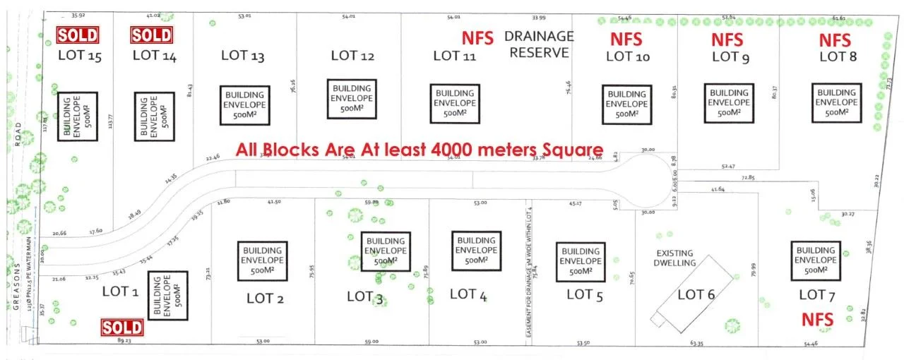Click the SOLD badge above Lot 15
click(78, 35)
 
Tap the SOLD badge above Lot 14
click(152, 35)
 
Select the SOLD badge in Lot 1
click(122, 327)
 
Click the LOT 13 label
click(243, 56)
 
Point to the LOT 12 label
click(352, 56)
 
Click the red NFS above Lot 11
click(477, 38)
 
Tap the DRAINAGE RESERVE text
click(539, 44)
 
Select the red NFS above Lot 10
click(626, 39)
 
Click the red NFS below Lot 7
click(817, 320)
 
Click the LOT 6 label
click(696, 295)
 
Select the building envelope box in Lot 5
click(581, 261)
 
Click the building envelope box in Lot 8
click(836, 102)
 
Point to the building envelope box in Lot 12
click(352, 99)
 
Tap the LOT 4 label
click(468, 294)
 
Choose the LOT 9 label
click(730, 57)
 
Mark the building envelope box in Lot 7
click(816, 260)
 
